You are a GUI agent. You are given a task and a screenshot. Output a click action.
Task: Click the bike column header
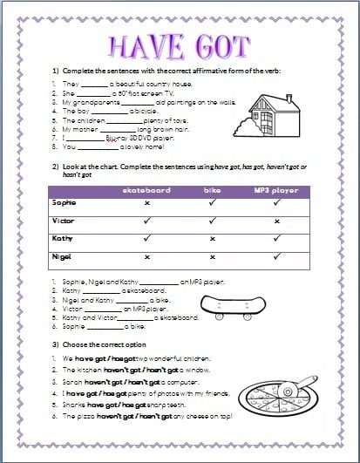(213, 190)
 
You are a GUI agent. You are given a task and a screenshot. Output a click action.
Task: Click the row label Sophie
(65, 203)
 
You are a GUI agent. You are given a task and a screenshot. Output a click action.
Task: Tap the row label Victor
(64, 221)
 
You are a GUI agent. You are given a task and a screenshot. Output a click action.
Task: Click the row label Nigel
(63, 256)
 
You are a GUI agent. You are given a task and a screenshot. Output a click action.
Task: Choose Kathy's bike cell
(213, 239)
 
